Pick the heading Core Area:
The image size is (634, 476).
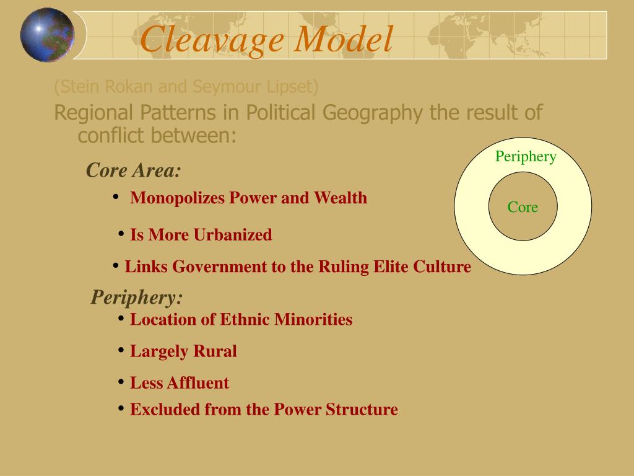pyautogui.click(x=134, y=170)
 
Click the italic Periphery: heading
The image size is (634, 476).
pyautogui.click(x=137, y=297)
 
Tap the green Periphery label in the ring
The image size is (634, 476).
pyautogui.click(x=525, y=156)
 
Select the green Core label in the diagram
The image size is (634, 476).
pyautogui.click(x=523, y=207)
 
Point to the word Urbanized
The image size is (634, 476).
pyautogui.click(x=233, y=236)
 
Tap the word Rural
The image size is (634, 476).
pyautogui.click(x=215, y=351)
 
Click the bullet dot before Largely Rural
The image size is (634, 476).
pyautogui.click(x=121, y=350)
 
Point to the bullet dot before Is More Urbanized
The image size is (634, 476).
pyautogui.click(x=121, y=234)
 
